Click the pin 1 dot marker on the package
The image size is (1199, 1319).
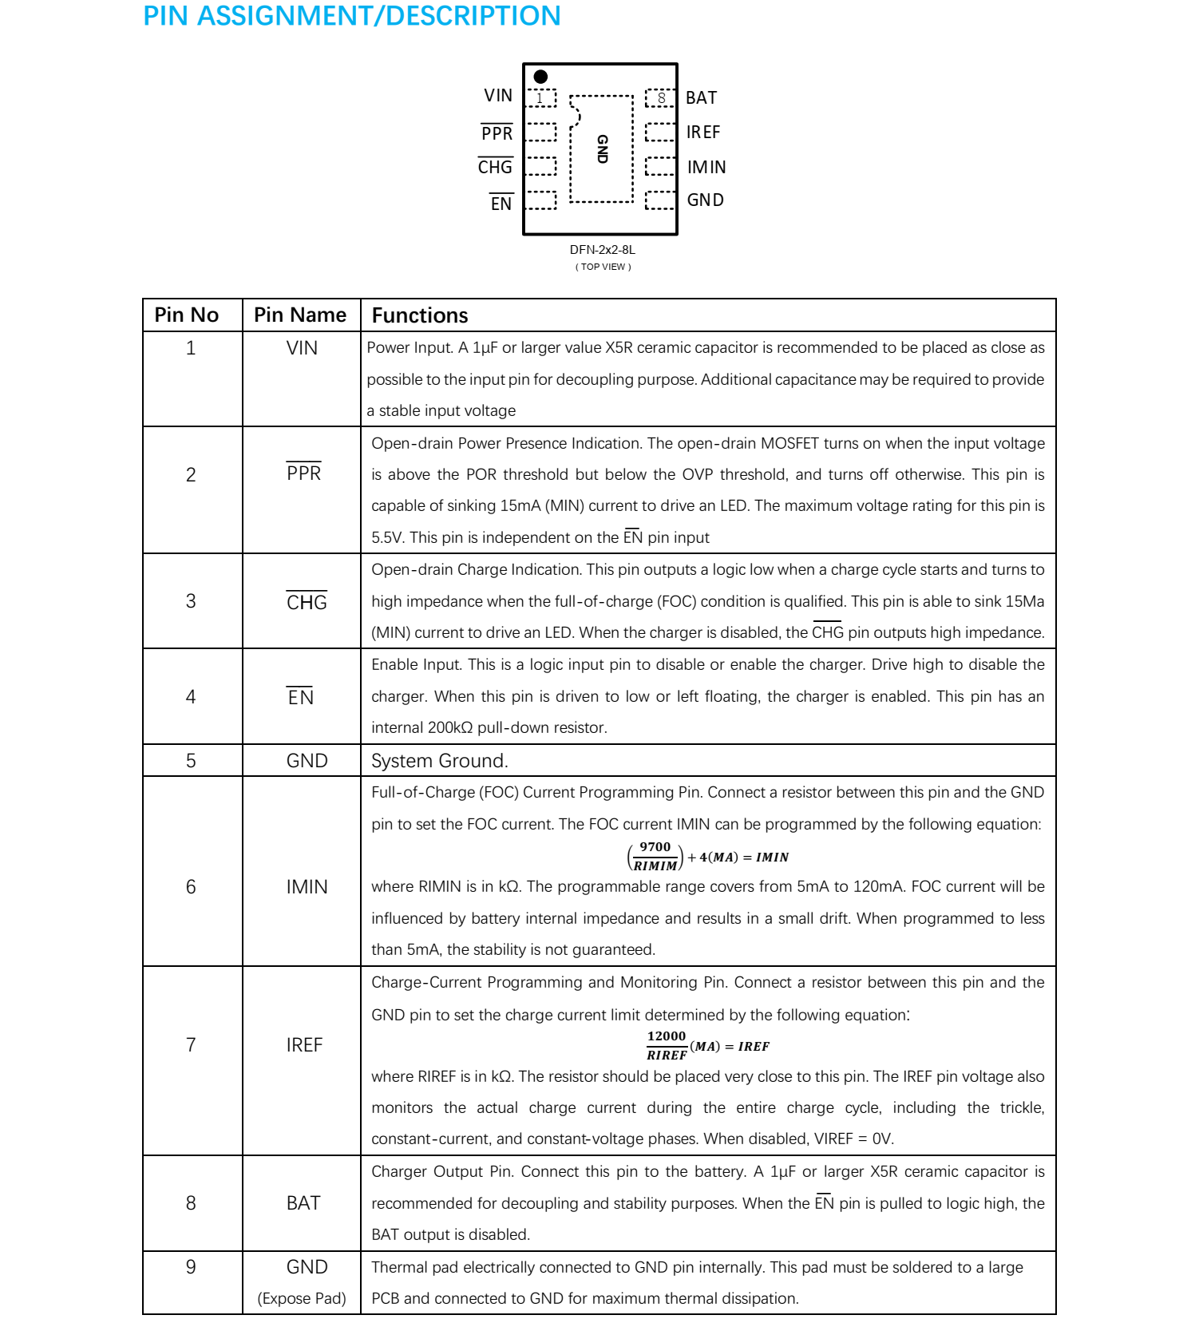540,77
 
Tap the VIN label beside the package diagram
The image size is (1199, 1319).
498,96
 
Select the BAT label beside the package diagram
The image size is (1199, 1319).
701,97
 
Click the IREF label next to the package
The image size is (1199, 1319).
702,132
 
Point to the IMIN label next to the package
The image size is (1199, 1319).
706,167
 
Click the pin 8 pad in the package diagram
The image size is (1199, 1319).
660,98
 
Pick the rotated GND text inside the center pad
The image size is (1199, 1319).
603,149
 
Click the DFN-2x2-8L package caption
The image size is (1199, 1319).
602,250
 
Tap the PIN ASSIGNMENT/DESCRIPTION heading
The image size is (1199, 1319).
351,16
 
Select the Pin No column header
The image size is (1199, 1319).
186,315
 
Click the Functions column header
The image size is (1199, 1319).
420,315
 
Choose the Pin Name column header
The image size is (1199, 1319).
300,315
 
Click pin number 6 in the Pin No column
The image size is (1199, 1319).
191,887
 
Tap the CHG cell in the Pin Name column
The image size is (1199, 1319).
307,602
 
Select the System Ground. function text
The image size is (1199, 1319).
439,761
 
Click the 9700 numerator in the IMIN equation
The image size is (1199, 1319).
655,847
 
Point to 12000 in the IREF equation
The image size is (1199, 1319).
666,1036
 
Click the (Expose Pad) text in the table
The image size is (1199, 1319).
302,1298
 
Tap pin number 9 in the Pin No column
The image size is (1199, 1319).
191,1267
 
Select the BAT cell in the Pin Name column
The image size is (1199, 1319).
303,1203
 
